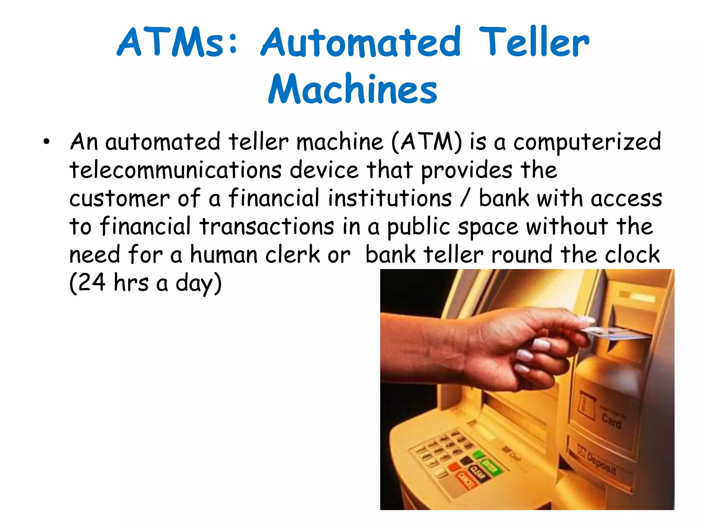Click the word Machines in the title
click(x=352, y=89)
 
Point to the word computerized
click(x=587, y=142)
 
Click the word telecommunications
click(x=176, y=170)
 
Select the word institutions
click(x=390, y=198)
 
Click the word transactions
click(x=267, y=227)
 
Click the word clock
click(x=632, y=255)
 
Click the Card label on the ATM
click(x=611, y=421)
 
